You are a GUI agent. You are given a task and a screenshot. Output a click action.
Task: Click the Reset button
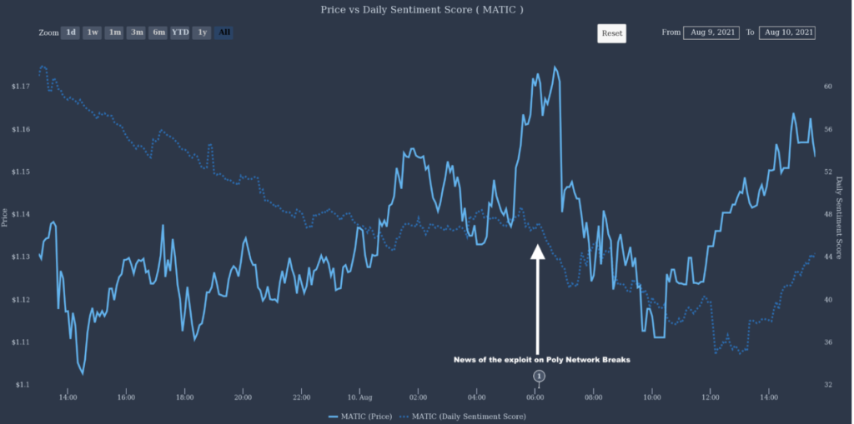coord(611,33)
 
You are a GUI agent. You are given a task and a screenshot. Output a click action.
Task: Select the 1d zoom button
coord(71,32)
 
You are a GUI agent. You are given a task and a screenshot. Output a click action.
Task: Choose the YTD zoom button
coord(180,32)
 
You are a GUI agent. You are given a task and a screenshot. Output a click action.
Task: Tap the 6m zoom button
coord(158,32)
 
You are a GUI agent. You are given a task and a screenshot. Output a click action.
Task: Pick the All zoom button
coord(224,32)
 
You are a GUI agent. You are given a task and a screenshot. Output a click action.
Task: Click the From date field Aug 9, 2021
coord(711,32)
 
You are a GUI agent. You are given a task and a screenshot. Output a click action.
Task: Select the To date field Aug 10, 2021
coord(787,32)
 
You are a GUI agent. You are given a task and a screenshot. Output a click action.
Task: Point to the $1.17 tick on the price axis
coord(21,87)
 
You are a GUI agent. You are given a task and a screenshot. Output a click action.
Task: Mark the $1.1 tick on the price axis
coord(23,385)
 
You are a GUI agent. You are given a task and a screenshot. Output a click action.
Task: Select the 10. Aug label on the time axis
coord(359,397)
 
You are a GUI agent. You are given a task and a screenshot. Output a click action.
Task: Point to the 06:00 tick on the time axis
coord(535,397)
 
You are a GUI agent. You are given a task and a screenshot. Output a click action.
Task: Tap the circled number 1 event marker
coord(539,377)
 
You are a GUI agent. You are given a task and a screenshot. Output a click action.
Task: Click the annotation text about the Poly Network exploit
coord(541,360)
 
